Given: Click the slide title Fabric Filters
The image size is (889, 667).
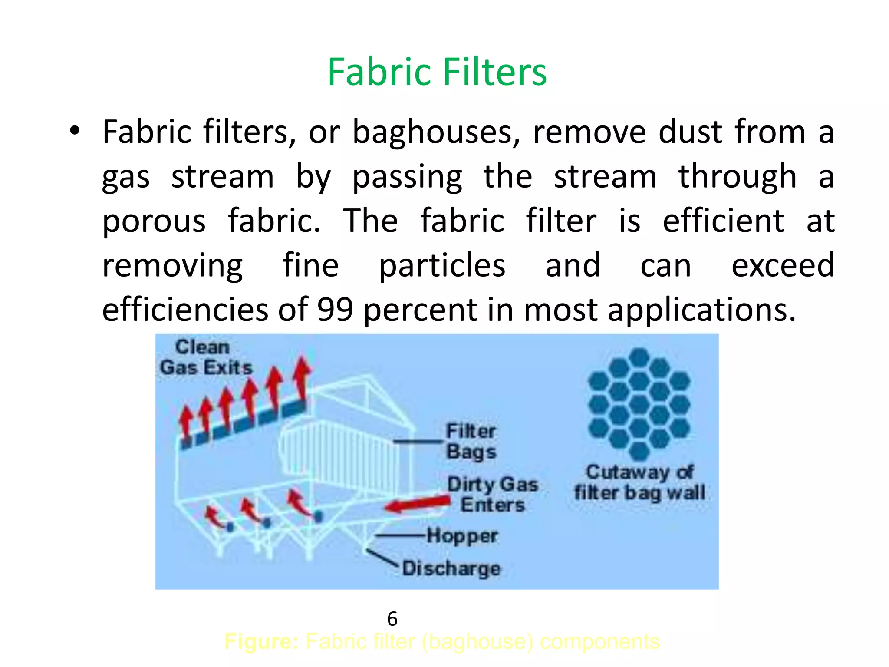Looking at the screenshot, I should click(437, 72).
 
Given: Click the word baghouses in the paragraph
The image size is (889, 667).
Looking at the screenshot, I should click(436, 132).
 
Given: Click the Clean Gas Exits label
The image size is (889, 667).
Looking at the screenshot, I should click(205, 357).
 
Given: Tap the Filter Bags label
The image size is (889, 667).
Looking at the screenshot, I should click(471, 441).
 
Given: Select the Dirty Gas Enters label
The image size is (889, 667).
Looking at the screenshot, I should click(493, 494).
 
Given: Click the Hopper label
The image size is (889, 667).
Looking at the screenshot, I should click(462, 535).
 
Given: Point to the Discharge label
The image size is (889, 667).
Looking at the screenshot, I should click(451, 568).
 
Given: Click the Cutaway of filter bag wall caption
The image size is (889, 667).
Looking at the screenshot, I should click(639, 482).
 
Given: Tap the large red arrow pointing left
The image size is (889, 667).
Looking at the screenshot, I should click(417, 504).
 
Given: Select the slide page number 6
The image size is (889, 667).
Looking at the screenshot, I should click(392, 619).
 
